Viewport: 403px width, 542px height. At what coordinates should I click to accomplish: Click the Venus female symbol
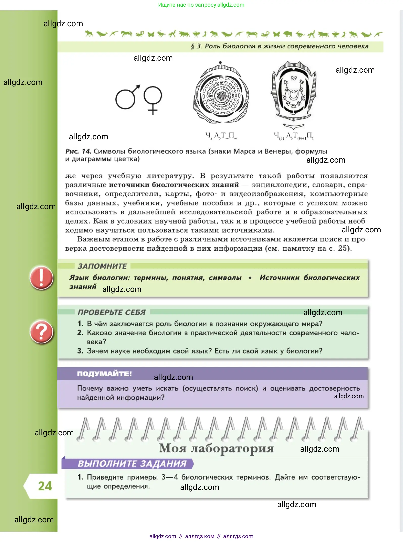tap(153, 100)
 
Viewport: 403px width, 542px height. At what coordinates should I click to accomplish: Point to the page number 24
tap(45, 486)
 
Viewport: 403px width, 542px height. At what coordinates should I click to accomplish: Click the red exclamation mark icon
tap(41, 278)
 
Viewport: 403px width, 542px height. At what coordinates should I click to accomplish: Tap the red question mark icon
tap(41, 332)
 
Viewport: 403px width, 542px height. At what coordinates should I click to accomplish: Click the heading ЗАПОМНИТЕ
tap(102, 266)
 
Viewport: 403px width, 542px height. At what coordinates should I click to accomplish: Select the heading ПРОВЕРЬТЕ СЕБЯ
tap(112, 312)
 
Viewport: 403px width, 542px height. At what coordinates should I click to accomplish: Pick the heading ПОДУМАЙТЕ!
tap(104, 374)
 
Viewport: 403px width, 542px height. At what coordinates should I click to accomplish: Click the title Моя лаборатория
tap(216, 448)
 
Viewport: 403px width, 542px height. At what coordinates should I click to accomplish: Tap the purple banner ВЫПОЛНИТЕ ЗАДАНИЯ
tap(132, 464)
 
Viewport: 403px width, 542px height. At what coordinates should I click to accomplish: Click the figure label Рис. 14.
tap(78, 151)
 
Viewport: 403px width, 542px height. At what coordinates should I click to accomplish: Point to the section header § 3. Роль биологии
tap(279, 46)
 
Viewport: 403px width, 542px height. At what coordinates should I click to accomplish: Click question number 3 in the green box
tap(80, 351)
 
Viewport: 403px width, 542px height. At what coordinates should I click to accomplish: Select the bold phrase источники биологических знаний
tap(174, 185)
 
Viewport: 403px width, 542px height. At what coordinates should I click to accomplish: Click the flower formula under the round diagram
tap(221, 136)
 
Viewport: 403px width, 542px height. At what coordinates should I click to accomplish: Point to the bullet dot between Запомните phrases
tap(250, 278)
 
